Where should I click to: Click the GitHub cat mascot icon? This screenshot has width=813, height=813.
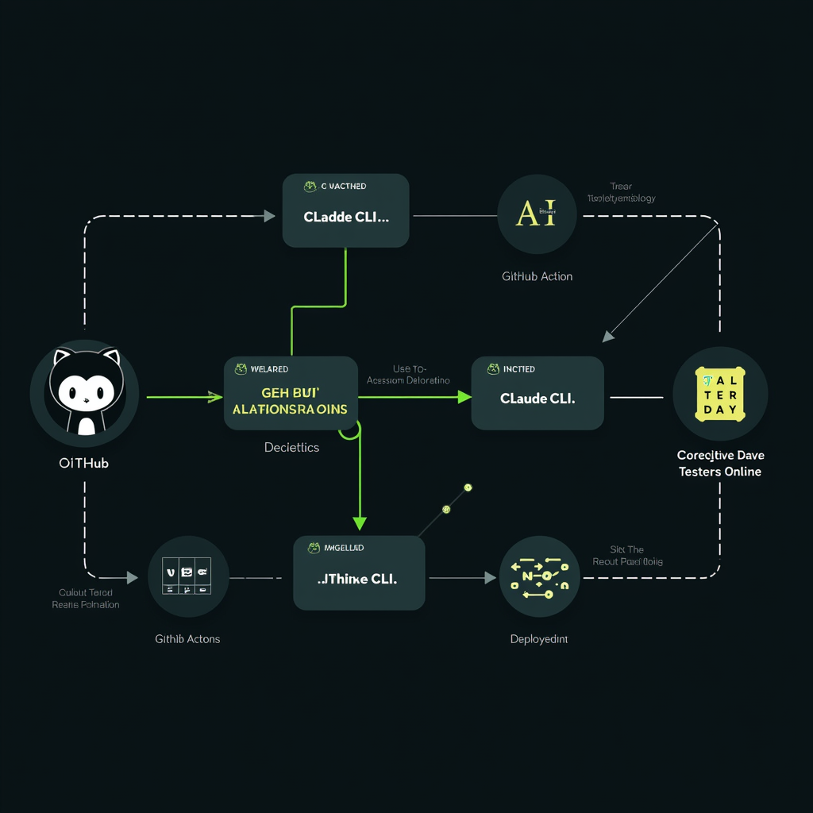[84, 393]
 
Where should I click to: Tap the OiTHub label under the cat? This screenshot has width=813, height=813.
[84, 463]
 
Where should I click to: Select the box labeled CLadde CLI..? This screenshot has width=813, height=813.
[345, 211]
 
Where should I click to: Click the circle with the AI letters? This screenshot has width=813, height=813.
[537, 214]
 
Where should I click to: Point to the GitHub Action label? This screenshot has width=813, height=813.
[537, 276]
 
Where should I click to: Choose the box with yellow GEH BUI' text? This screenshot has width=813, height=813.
[291, 393]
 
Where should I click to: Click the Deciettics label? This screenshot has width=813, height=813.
[291, 447]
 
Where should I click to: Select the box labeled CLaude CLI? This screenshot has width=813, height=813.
[538, 393]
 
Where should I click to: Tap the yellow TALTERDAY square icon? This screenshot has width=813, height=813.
[720, 394]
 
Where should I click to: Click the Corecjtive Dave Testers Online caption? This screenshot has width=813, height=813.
[719, 464]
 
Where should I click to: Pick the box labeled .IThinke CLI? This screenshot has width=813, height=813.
[359, 573]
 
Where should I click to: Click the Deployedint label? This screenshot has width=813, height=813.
[538, 639]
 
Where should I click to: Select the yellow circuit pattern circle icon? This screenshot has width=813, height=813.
[540, 577]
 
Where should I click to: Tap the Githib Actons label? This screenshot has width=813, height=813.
[187, 638]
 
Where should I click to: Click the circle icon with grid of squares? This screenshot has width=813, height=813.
[188, 577]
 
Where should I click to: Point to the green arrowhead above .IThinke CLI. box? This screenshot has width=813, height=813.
[360, 522]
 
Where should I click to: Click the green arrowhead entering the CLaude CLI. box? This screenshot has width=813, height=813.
[464, 396]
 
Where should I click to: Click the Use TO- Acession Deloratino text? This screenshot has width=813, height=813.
[409, 375]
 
